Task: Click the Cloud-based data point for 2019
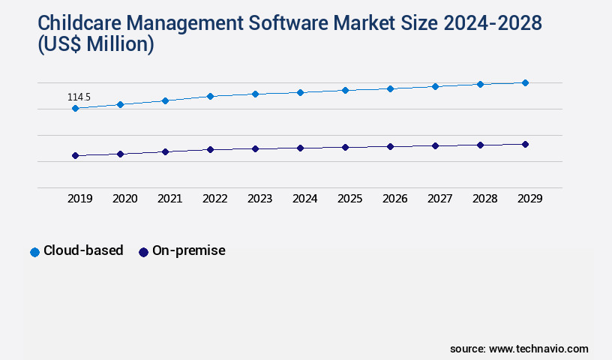click(75, 109)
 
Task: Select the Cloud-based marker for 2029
click(525, 82)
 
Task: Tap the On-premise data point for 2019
click(75, 156)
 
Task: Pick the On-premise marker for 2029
click(525, 144)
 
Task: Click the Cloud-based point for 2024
click(300, 92)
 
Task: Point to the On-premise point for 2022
click(210, 149)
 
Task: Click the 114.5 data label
click(79, 97)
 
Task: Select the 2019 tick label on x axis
click(79, 199)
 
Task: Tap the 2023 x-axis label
click(259, 199)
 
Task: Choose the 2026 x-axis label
click(394, 199)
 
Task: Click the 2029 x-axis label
click(529, 199)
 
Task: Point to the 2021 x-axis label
click(169, 199)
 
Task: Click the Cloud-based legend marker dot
click(34, 252)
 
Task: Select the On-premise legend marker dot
click(143, 252)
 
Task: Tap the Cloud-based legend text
click(83, 251)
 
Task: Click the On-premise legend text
click(188, 251)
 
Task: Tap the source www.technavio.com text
click(519, 349)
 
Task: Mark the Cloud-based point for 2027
click(435, 86)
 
